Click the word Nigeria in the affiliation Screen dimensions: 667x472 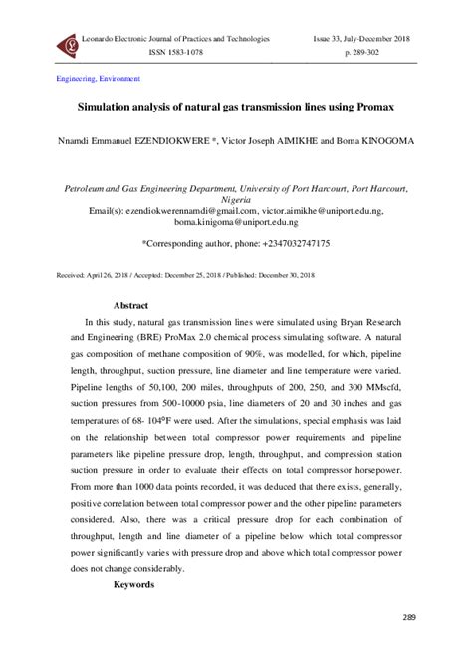coord(236,199)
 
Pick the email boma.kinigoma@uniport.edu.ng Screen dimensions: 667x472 coord(236,225)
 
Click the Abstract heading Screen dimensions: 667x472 coord(130,305)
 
